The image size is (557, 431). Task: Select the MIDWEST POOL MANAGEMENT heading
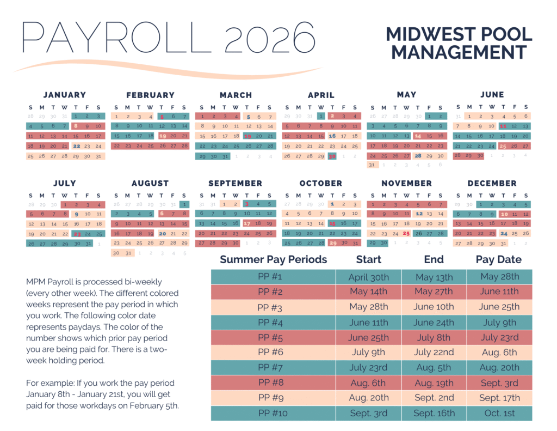[459, 44]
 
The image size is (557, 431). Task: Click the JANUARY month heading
[65, 95]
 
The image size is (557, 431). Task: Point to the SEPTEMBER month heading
[236, 183]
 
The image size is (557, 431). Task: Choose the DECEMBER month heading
[492, 183]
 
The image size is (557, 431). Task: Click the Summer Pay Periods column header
[274, 259]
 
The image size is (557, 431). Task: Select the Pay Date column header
[499, 259]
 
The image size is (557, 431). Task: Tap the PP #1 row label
[273, 277]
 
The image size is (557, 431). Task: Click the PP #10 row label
[273, 413]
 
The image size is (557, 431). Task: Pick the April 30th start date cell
[369, 277]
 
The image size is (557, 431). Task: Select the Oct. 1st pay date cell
[499, 413]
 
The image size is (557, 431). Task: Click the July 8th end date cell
[434, 337]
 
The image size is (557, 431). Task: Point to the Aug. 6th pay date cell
[499, 353]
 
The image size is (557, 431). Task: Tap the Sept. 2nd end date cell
[434, 398]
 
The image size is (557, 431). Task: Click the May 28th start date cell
[369, 307]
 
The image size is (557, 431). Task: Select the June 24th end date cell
[434, 322]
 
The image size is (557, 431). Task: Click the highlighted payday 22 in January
[76, 146]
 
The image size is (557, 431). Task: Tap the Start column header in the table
[369, 259]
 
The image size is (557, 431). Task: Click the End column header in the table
[434, 259]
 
